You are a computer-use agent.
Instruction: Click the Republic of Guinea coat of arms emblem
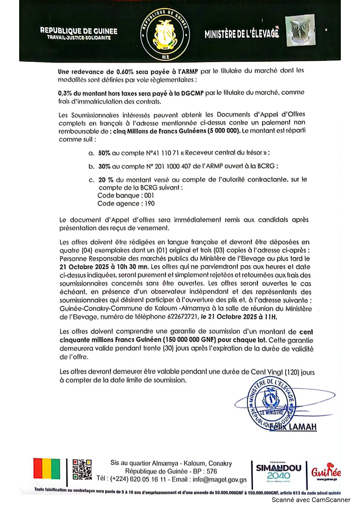165,34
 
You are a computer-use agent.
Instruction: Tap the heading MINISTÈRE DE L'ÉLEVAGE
242,34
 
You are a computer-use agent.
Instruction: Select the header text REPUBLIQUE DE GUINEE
79,31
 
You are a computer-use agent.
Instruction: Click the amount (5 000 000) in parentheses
224,131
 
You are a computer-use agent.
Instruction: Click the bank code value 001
149,196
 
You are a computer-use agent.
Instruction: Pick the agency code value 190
150,204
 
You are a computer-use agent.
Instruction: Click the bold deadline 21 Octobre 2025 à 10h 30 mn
104,267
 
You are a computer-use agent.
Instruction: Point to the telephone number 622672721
182,317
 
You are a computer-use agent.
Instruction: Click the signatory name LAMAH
303,427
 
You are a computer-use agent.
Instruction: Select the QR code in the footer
82,469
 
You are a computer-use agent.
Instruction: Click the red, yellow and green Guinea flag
47,468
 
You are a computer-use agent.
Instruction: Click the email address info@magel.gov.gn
219,479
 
